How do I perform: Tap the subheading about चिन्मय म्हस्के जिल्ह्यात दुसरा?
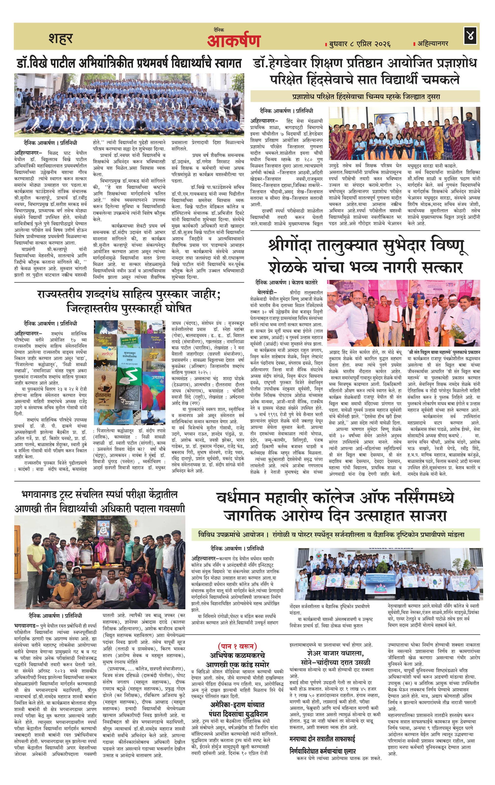pyautogui.click(x=365, y=97)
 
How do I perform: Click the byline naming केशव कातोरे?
pyautogui.click(x=287, y=282)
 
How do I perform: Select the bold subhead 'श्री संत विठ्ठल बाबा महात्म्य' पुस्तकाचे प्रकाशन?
pyautogui.click(x=443, y=352)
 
